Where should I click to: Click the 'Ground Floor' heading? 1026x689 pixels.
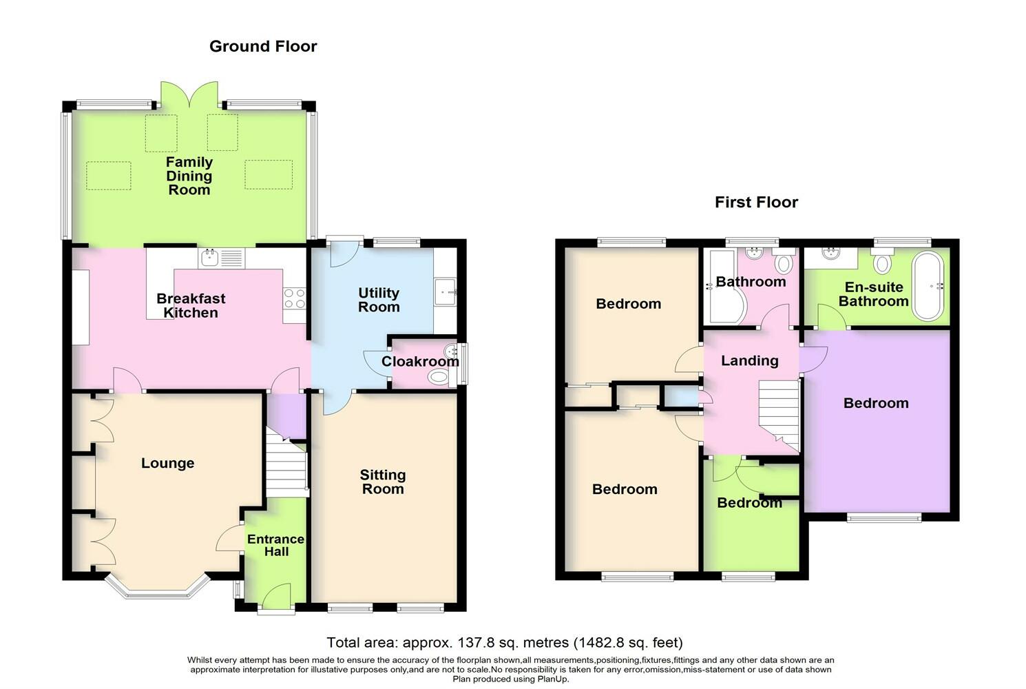263,46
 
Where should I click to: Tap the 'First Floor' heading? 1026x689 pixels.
756,202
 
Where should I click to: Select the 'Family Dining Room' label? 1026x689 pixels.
189,176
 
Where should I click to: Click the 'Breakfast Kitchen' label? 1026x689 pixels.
191,305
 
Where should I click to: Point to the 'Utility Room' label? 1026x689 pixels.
379,300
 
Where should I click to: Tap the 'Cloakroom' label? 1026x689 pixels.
420,361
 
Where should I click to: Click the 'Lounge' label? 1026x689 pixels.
167,463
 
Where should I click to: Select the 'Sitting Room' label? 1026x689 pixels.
383,482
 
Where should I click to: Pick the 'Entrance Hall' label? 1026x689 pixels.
275,545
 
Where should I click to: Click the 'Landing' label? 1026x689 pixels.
750,361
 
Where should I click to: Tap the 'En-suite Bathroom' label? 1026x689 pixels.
873,294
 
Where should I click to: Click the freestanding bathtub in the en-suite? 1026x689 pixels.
928,286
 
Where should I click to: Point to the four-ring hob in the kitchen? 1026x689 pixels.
295,298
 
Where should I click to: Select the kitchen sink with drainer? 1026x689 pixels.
222,258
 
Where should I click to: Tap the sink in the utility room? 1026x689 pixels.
445,291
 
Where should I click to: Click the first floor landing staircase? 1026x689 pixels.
779,415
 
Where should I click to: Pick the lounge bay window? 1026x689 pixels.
158,589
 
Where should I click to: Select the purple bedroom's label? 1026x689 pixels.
876,403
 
